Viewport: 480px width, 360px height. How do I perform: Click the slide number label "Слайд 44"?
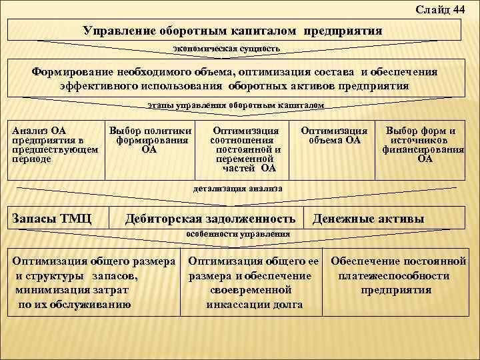(440, 9)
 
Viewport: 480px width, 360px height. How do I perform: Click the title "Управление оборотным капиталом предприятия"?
(233, 31)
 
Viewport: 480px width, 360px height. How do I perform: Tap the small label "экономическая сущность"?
(226, 49)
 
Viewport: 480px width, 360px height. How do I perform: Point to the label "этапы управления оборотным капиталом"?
(235, 105)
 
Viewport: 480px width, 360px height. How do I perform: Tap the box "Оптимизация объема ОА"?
(334, 135)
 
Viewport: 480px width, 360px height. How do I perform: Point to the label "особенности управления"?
(238, 235)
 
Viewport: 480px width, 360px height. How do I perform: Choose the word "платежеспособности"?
(393, 276)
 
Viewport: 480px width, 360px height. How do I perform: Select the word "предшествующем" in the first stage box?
(55, 150)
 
